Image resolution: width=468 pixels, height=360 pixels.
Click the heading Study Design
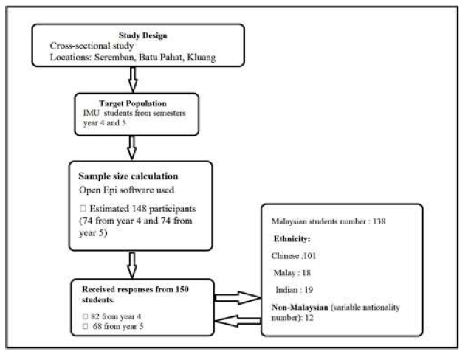pyautogui.click(x=142, y=35)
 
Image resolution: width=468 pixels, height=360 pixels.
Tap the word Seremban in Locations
pyautogui.click(x=114, y=57)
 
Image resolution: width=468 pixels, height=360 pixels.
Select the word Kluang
pyautogui.click(x=202, y=58)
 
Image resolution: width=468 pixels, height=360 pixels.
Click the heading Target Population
pyautogui.click(x=133, y=103)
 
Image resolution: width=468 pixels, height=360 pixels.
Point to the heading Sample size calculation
pyautogui.click(x=128, y=176)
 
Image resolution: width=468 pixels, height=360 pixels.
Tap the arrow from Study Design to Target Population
pyautogui.click(x=133, y=80)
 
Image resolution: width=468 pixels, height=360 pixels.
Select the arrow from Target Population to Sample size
pyautogui.click(x=132, y=148)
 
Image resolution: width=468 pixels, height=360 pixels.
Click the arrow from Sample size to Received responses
pyautogui.click(x=132, y=265)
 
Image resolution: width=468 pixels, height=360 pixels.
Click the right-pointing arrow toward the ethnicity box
pyautogui.click(x=238, y=297)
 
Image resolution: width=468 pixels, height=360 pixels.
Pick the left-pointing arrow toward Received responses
pyautogui.click(x=238, y=321)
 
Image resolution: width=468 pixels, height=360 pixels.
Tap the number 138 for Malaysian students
pyautogui.click(x=379, y=221)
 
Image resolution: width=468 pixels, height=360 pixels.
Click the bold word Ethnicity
pyautogui.click(x=292, y=238)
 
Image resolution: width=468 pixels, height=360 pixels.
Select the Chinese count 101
pyautogui.click(x=309, y=255)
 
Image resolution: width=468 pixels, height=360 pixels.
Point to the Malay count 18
pyautogui.click(x=306, y=273)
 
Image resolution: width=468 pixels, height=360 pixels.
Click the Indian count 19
pyautogui.click(x=309, y=290)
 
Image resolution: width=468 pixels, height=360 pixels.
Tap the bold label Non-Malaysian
pyautogui.click(x=300, y=307)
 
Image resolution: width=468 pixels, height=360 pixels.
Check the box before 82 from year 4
pyautogui.click(x=86, y=316)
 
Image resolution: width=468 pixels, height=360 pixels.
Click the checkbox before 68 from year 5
pyautogui.click(x=86, y=326)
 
